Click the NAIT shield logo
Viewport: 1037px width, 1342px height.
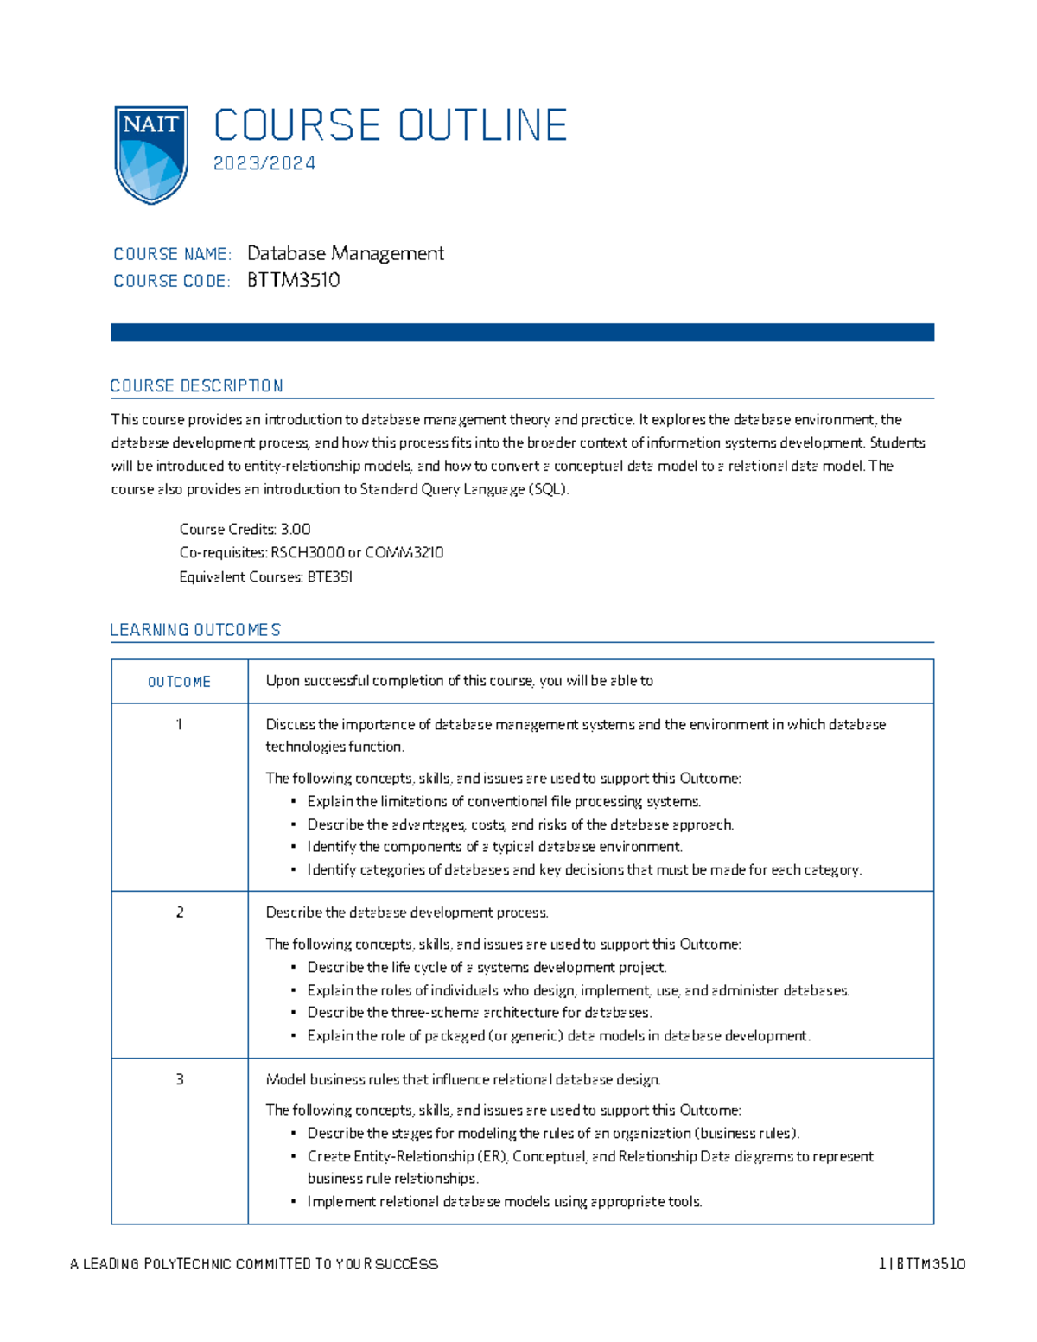151,155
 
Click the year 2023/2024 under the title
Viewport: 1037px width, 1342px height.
264,163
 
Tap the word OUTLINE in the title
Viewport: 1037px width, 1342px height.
482,125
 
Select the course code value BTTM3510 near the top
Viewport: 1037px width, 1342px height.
293,280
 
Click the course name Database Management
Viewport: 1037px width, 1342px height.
345,253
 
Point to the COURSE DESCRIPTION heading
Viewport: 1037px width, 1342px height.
196,386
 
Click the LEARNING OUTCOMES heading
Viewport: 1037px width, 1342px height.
195,630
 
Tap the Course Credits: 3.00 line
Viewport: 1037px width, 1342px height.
245,529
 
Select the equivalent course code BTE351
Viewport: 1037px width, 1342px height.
330,576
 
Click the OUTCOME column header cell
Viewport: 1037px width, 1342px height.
179,682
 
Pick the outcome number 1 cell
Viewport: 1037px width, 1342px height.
179,724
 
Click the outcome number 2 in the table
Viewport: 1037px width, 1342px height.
180,913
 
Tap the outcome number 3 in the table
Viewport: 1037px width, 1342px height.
180,1079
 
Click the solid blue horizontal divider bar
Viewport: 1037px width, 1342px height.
522,333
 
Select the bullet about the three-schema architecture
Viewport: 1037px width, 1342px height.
480,1013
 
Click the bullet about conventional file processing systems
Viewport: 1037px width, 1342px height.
504,802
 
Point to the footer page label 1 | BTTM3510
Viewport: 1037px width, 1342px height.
921,1264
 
